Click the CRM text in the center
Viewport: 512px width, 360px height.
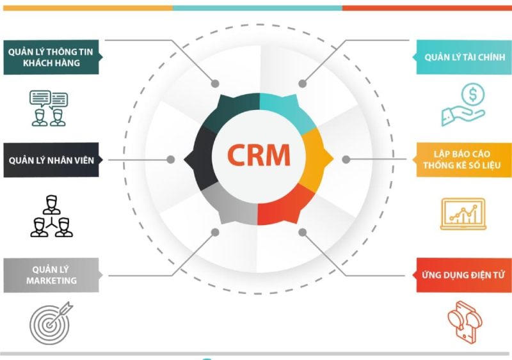(x=259, y=155)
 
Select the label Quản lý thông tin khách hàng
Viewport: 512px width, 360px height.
(x=51, y=57)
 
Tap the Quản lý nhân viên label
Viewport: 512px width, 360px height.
(x=51, y=160)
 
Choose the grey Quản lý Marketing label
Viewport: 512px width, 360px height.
(x=51, y=275)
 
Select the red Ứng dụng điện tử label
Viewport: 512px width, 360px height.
(x=463, y=275)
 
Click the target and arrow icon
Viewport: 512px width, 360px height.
(x=51, y=323)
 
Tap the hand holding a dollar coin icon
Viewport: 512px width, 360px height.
(x=463, y=104)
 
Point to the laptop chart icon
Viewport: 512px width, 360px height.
(x=463, y=214)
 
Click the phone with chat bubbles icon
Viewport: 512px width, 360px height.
(x=465, y=322)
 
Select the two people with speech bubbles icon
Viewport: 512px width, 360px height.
(x=49, y=108)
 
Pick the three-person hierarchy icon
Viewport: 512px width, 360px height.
(x=51, y=216)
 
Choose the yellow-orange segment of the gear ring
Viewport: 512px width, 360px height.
(x=315, y=160)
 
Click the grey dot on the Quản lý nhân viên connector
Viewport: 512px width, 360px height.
(x=170, y=160)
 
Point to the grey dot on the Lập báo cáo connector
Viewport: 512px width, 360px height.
(x=346, y=160)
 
